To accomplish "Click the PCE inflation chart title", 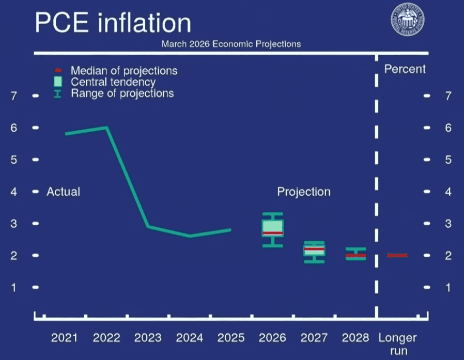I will (113, 23).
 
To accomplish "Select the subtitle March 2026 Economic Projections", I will (231, 44).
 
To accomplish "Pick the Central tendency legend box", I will (58, 82).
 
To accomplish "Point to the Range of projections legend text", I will (122, 93).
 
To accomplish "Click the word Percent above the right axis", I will (405, 69).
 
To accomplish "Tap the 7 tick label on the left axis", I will (14, 96).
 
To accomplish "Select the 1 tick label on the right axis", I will (448, 287).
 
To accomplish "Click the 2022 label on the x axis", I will (106, 338).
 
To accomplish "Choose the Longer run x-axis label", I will (397, 344).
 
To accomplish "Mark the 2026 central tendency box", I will (273, 228).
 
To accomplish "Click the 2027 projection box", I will (314, 250).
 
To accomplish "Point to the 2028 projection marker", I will (355, 255).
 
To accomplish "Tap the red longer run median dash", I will (397, 255).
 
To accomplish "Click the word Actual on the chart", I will (64, 192).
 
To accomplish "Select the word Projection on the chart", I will (304, 192).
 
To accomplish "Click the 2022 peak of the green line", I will (106, 127).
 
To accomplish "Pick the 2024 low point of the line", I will (190, 236).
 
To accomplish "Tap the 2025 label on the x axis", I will (231, 338).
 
